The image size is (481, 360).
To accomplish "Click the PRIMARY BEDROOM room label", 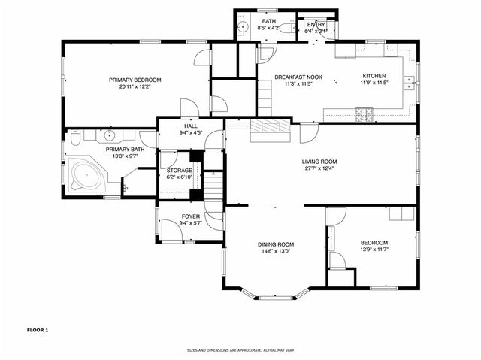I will [x=135, y=80].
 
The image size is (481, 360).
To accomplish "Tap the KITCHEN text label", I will [x=374, y=76].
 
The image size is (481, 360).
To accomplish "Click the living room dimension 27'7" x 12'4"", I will [x=319, y=168].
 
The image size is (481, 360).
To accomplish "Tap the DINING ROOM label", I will [x=276, y=244].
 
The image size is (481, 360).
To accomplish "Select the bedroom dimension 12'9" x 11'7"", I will [x=374, y=249].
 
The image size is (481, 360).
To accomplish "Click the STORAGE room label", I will [x=179, y=171].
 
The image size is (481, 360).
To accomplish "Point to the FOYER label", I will [x=190, y=216].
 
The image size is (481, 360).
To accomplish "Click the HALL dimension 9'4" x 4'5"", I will [x=191, y=133].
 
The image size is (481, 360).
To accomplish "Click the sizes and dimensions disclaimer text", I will [x=240, y=350].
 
